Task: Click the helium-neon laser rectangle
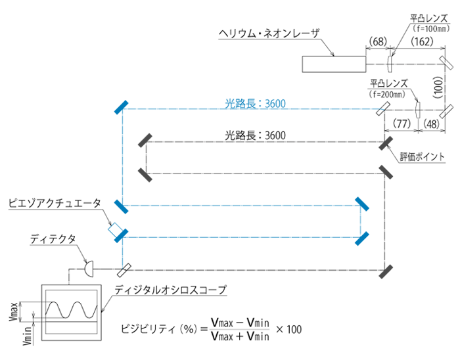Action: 334,64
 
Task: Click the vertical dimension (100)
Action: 438,86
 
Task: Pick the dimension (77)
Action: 401,122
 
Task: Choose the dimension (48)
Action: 432,122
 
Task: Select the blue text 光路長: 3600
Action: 254,103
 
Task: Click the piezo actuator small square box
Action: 116,230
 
